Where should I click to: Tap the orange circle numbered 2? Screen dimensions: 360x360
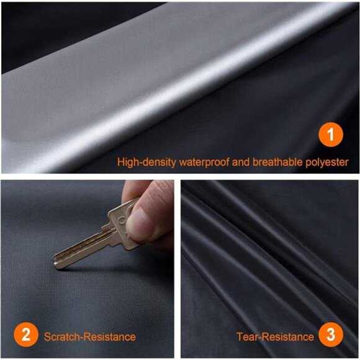click(x=25, y=336)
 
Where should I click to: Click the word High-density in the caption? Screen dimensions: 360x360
click(x=145, y=162)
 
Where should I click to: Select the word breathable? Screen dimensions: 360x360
click(x=276, y=162)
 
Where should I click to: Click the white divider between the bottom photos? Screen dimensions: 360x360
click(x=177, y=267)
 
